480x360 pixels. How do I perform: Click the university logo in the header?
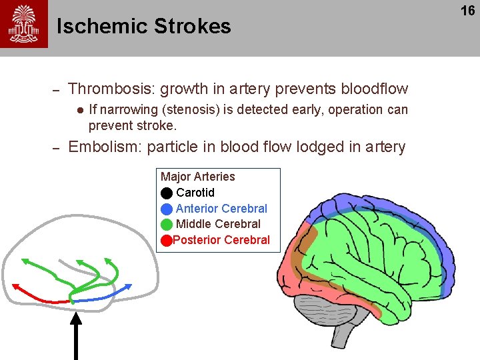(24, 24)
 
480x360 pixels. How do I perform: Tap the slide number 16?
(468, 11)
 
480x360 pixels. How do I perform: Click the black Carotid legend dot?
(167, 193)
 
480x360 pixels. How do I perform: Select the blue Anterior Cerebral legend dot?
(167, 209)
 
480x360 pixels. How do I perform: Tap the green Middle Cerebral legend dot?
(167, 224)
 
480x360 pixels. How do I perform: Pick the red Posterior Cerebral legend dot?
(166, 240)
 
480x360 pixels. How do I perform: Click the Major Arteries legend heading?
(198, 177)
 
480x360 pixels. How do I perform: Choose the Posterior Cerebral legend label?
(221, 240)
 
